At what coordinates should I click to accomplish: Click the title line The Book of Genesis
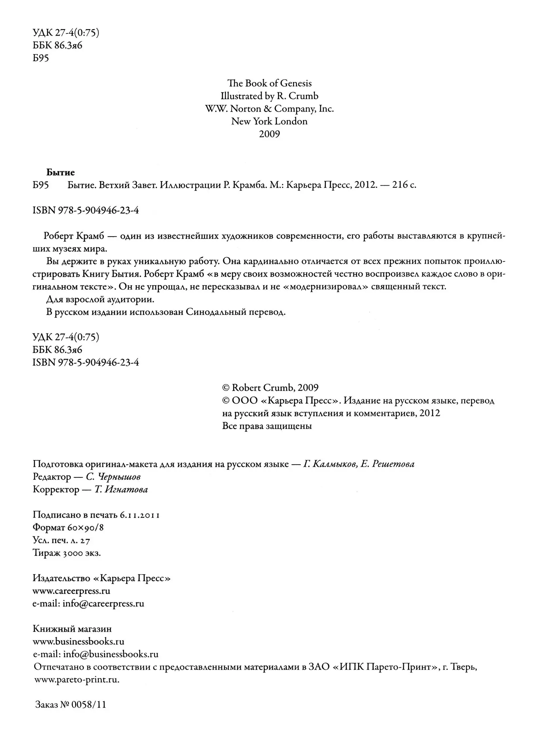coord(269,83)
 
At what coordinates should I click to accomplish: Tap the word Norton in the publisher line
coord(245,109)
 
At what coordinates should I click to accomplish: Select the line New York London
coord(269,121)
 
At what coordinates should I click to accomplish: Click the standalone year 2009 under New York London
coord(269,134)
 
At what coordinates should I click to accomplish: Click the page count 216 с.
coord(404,185)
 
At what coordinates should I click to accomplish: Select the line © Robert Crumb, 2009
coord(270,388)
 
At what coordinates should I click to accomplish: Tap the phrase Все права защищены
coord(267,426)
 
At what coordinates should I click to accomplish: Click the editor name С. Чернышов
coord(113,476)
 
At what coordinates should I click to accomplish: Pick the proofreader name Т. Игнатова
coord(121,490)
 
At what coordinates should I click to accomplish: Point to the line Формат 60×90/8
coord(68,527)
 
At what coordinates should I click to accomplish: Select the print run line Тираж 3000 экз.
coord(66,553)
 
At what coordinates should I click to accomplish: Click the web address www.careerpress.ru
coord(72,591)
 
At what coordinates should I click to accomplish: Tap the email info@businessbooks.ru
coord(111,654)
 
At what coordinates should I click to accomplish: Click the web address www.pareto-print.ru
coord(77,680)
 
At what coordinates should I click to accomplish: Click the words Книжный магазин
coord(72,629)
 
